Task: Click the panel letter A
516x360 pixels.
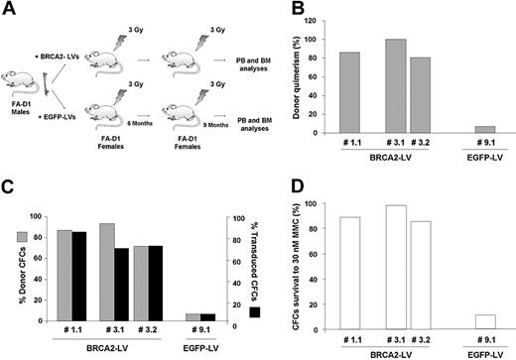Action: coord(10,10)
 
